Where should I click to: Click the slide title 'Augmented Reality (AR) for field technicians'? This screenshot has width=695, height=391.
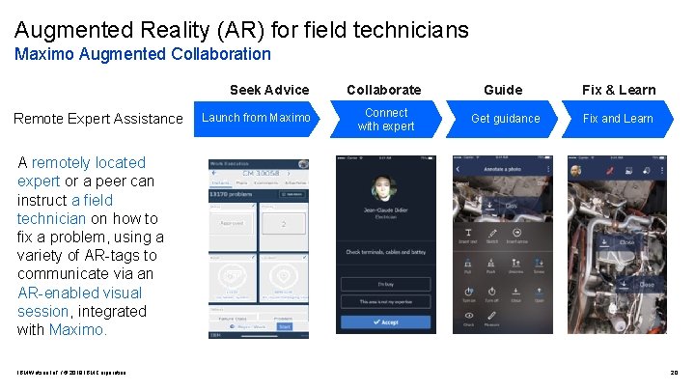click(241, 30)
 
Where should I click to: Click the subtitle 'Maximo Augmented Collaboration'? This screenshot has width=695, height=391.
click(143, 55)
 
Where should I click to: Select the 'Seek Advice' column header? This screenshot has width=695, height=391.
click(269, 90)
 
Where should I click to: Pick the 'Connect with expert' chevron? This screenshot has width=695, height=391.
click(385, 120)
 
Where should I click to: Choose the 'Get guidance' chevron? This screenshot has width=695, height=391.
click(505, 119)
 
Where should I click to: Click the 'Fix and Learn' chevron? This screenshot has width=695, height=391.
click(618, 119)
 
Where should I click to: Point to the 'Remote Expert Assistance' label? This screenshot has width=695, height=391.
click(97, 119)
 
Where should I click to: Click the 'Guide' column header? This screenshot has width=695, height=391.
click(502, 90)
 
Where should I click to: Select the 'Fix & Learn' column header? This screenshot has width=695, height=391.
click(618, 90)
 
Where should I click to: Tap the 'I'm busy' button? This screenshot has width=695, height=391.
click(385, 283)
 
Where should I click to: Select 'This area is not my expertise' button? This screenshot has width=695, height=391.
click(385, 301)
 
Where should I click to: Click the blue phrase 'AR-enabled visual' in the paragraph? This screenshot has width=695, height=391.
click(79, 293)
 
